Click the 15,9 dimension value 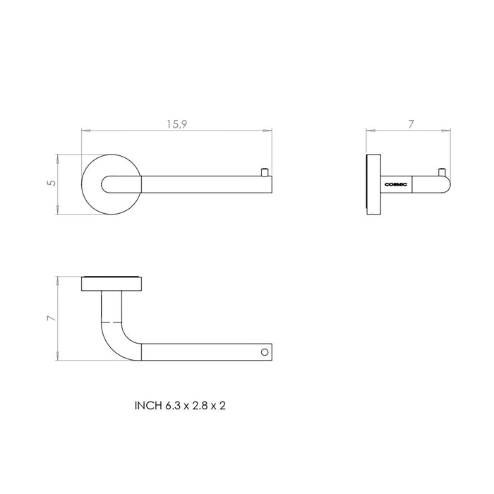click(176, 124)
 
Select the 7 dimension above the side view click(411, 124)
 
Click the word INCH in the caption click(148, 406)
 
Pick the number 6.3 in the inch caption click(174, 406)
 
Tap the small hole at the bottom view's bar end click(265, 351)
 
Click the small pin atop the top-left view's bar click(265, 171)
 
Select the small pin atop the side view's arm click(442, 171)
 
